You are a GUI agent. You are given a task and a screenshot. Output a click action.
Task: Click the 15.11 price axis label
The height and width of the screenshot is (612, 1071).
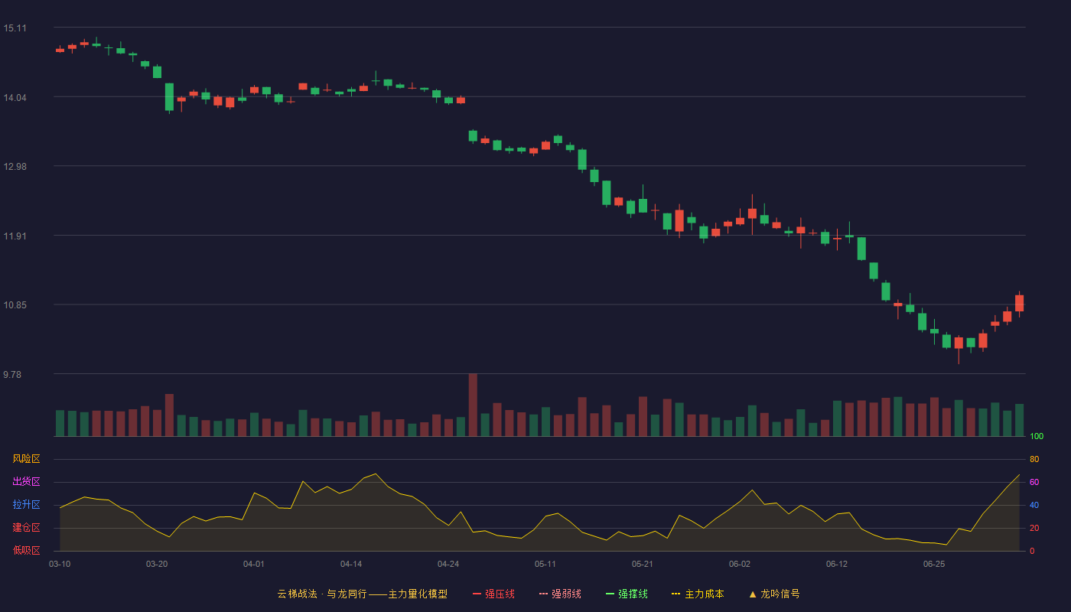[x=15, y=28]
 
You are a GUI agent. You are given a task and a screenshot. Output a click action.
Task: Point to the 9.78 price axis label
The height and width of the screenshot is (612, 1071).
[x=12, y=374]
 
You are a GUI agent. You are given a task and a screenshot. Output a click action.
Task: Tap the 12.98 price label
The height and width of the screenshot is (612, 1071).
[x=15, y=167]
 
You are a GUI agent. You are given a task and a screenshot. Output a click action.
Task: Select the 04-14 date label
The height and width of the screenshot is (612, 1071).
[x=351, y=565]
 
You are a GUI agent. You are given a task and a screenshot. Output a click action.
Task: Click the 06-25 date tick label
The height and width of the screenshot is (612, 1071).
[x=934, y=565]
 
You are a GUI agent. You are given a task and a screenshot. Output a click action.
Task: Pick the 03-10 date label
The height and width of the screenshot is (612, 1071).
[x=60, y=565]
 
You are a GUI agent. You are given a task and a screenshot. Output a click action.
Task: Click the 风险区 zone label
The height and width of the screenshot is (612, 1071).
[x=26, y=459]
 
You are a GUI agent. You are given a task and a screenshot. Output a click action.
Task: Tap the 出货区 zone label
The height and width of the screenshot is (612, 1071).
[x=26, y=481]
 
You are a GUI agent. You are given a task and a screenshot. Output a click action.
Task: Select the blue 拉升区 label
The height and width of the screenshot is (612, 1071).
[x=26, y=504]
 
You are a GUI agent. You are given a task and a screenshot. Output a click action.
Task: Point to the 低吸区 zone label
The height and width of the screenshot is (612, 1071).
[x=26, y=550]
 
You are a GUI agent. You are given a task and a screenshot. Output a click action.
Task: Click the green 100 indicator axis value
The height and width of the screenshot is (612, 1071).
[x=1037, y=436]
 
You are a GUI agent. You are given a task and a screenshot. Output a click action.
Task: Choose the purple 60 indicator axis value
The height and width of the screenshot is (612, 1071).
[x=1034, y=482]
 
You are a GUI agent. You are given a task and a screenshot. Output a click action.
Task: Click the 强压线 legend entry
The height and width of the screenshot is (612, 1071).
[x=493, y=594]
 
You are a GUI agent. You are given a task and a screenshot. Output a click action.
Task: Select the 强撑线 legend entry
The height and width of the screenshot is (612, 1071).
[x=627, y=594]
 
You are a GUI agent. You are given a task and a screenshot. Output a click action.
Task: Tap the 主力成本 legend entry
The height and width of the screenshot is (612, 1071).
[x=698, y=594]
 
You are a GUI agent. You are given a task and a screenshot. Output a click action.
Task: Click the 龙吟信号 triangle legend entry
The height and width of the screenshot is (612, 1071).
[x=774, y=594]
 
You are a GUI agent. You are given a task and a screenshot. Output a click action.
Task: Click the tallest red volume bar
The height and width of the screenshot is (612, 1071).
[x=473, y=405]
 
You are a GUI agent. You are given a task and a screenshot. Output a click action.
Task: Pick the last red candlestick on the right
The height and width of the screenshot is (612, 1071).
[x=1019, y=303]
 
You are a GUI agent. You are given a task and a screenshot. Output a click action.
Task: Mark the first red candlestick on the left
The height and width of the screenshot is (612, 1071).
[x=60, y=50]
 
